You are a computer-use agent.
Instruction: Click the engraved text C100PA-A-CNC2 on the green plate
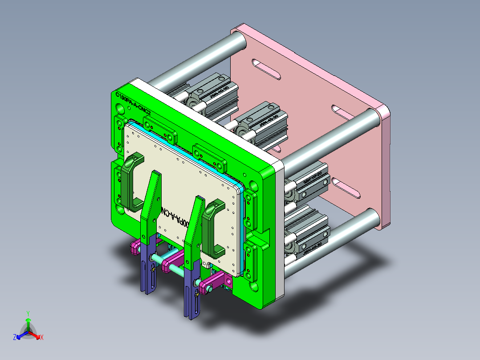pos(133,102)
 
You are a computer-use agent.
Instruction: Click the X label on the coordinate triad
pos(42,337)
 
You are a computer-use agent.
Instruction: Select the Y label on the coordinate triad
pos(28,313)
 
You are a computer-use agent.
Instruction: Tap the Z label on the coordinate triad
pos(15,337)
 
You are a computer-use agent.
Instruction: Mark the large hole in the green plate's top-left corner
pos(121,109)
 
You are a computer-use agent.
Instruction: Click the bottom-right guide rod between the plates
pos(338,241)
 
